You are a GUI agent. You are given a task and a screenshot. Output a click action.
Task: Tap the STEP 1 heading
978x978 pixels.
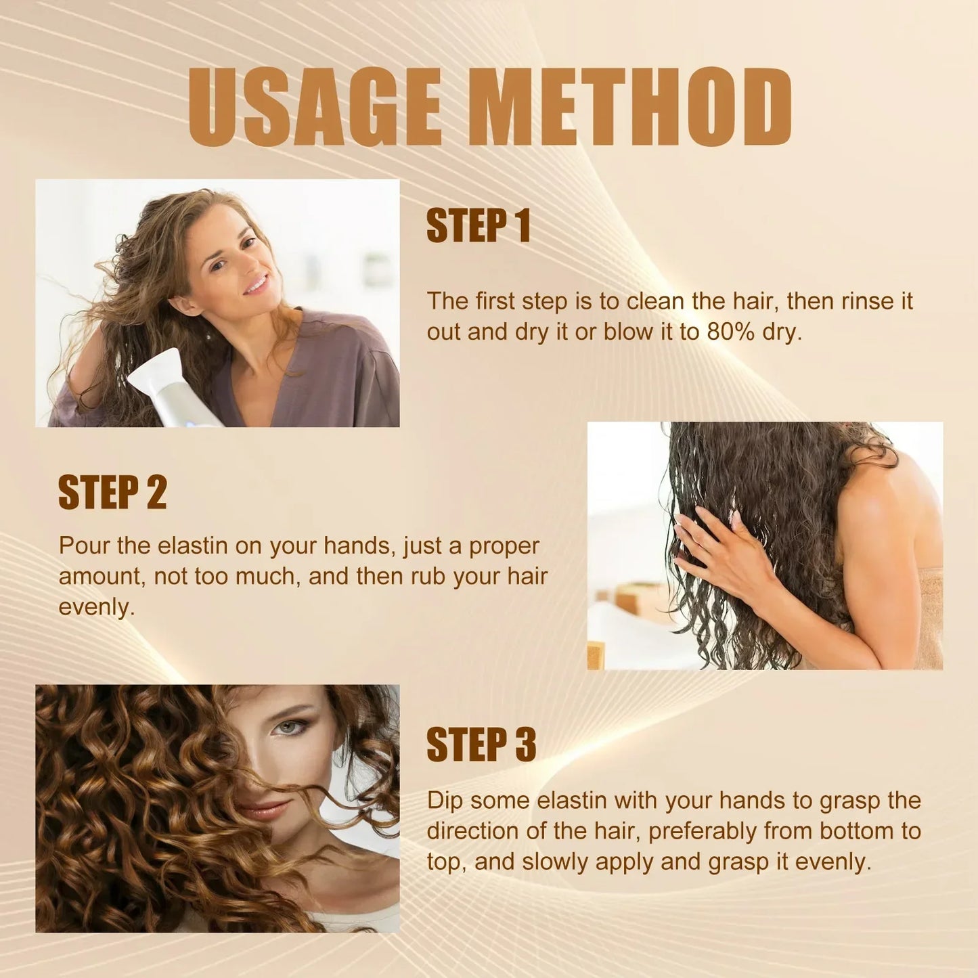pos(478,226)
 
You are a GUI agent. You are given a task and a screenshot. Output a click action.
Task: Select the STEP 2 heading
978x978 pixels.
pos(112,492)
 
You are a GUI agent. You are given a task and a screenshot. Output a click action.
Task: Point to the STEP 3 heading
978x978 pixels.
pos(481,744)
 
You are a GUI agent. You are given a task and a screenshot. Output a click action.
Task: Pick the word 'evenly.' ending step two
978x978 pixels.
pos(96,606)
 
